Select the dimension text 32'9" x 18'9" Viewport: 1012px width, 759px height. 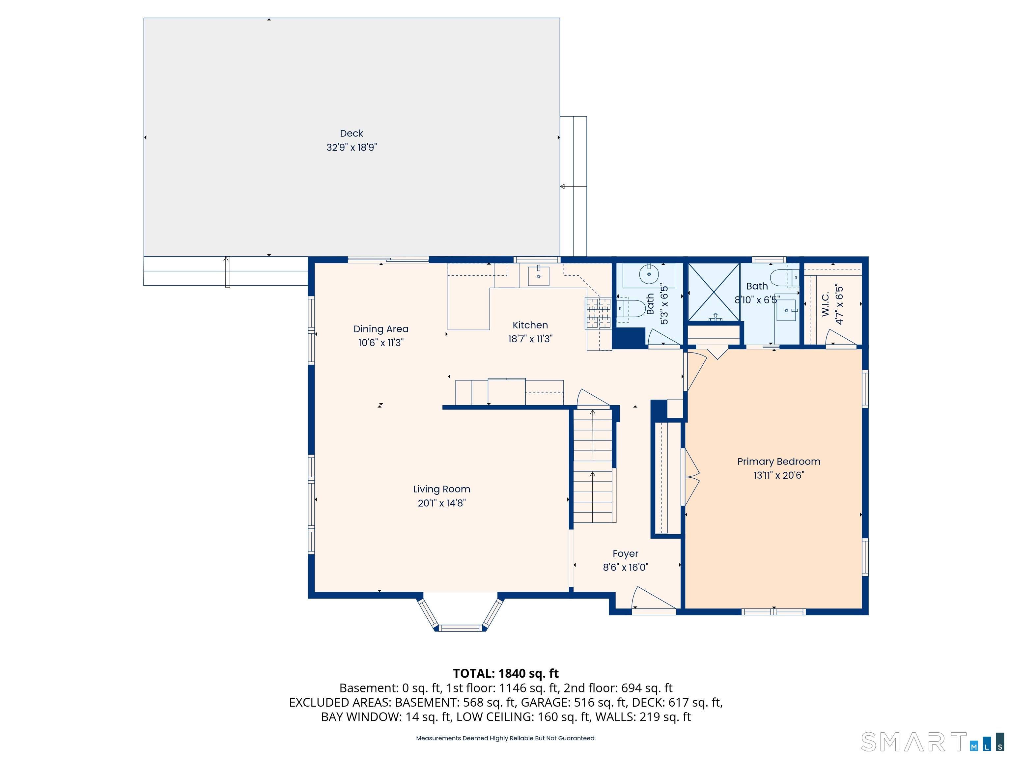[351, 147]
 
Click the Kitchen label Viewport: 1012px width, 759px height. [530, 325]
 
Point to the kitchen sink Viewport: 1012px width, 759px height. [539, 276]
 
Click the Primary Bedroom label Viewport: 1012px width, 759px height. [779, 462]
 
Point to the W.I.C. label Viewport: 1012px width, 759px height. [825, 304]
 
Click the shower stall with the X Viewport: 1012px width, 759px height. [714, 292]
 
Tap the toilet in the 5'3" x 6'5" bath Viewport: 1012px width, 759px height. [632, 308]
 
